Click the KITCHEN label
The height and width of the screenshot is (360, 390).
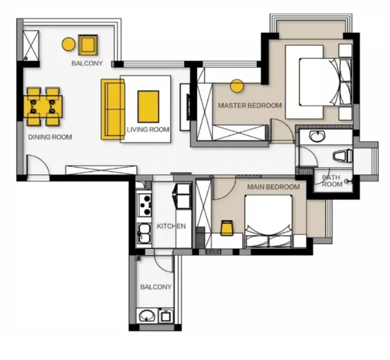[171, 226]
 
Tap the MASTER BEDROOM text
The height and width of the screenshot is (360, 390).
[250, 106]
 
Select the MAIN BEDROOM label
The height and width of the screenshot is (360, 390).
[273, 187]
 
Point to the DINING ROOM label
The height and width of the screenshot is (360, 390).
[50, 137]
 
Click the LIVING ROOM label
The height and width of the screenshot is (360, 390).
[148, 130]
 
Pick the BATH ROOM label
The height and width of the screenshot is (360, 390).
[332, 181]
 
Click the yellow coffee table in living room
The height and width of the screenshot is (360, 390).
[148, 106]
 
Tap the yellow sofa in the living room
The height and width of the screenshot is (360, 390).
[113, 110]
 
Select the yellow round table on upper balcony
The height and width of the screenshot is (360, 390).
[69, 44]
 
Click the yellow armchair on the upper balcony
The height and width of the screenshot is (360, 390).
[88, 45]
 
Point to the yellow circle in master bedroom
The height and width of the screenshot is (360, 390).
[237, 86]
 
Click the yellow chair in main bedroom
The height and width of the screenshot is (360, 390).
[227, 228]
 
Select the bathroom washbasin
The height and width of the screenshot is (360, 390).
[317, 136]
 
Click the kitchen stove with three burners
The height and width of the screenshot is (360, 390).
[145, 205]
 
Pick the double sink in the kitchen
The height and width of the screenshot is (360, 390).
[145, 234]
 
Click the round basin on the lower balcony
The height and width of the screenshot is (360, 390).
[147, 316]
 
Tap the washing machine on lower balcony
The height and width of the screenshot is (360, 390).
[165, 316]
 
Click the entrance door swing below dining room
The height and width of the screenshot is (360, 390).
[38, 165]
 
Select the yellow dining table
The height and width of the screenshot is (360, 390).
[43, 106]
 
